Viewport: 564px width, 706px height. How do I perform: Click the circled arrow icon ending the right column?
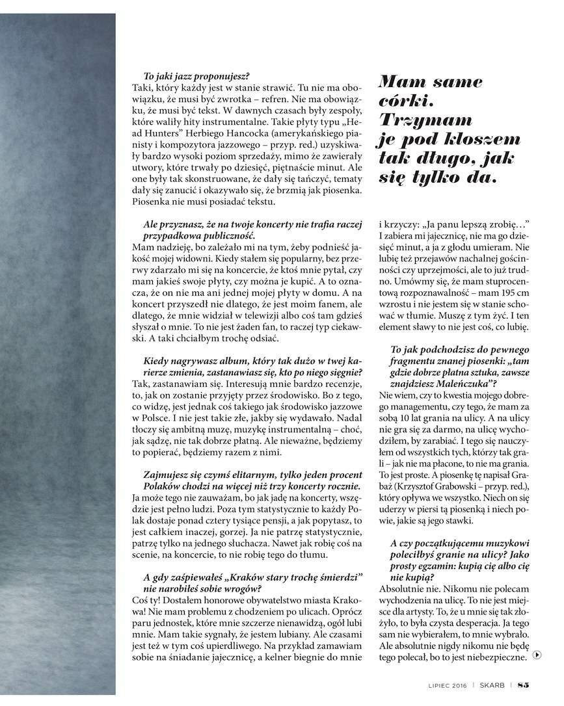[x=535, y=655]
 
